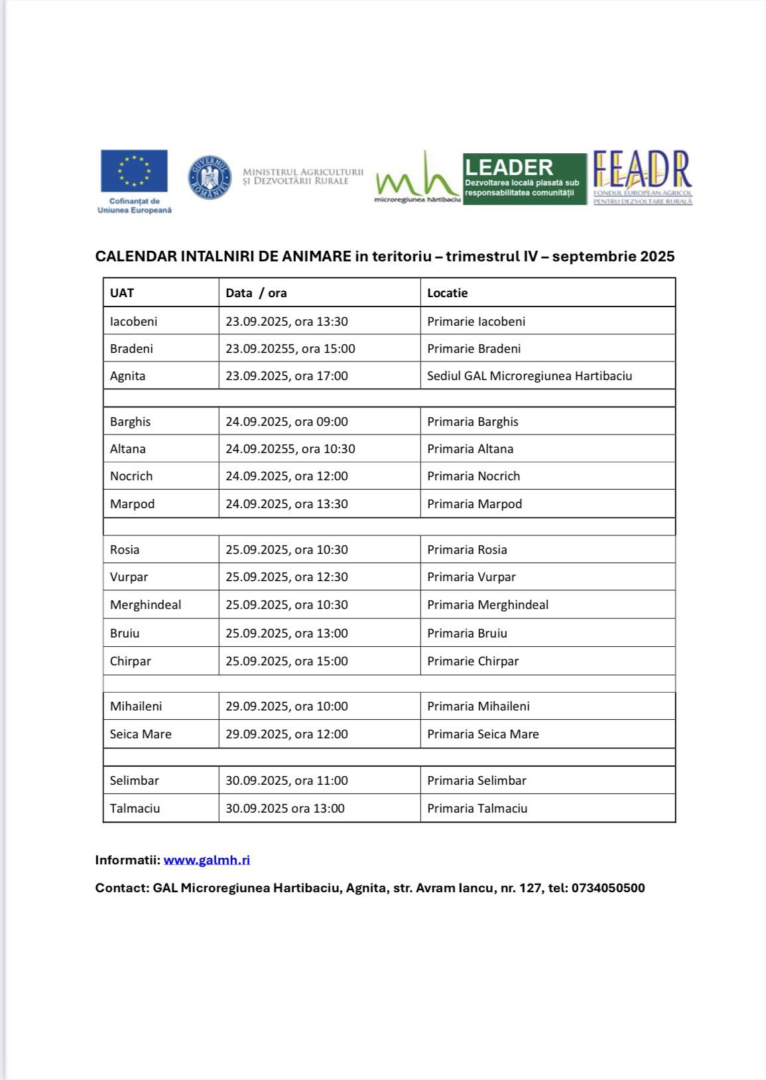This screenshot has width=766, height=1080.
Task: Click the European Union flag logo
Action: click(x=134, y=171)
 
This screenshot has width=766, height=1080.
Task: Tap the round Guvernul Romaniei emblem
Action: click(x=210, y=177)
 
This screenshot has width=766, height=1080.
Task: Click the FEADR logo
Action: click(x=642, y=178)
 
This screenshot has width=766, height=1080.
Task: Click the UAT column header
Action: click(x=122, y=293)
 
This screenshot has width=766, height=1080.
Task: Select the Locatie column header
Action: click(x=448, y=293)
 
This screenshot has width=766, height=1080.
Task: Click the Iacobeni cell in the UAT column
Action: click(x=134, y=321)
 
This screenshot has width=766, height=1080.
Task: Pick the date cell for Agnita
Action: click(x=287, y=375)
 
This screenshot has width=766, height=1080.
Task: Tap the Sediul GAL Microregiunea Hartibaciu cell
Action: click(x=529, y=375)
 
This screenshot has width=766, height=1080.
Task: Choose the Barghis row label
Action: click(x=131, y=421)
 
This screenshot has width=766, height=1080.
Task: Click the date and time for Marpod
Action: click(x=287, y=504)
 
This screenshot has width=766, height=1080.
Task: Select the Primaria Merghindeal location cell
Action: click(x=487, y=604)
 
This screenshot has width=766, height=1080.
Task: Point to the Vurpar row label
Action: click(x=129, y=576)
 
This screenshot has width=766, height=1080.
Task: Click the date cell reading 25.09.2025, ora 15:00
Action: click(x=287, y=661)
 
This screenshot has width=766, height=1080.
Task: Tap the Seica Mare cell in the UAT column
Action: click(x=141, y=734)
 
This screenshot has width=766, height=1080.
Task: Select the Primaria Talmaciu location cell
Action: click(x=477, y=808)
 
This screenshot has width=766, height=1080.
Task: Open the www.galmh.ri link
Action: click(x=207, y=860)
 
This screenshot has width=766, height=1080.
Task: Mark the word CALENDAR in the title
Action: click(x=136, y=257)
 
